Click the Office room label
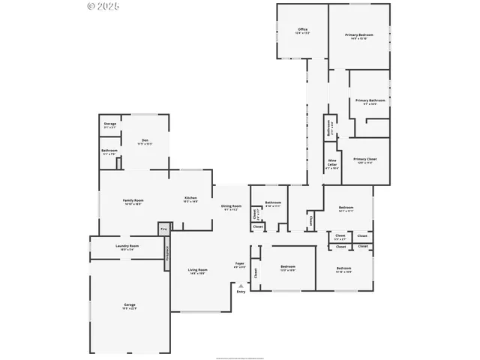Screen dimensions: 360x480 pyautogui.click(x=302, y=31)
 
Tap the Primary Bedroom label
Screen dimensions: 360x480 pyautogui.click(x=359, y=35)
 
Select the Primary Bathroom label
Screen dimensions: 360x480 pyautogui.click(x=370, y=101)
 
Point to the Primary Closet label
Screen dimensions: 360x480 pyautogui.click(x=365, y=160)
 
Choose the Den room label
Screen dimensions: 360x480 pyautogui.click(x=145, y=141)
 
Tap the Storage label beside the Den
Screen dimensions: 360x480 pyautogui.click(x=110, y=124)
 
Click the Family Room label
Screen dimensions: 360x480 pyautogui.click(x=133, y=200)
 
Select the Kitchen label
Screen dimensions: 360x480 pyautogui.click(x=190, y=199)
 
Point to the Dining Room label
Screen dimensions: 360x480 pyautogui.click(x=231, y=207)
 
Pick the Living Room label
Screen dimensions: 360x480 pyautogui.click(x=197, y=271)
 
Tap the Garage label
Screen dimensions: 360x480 pyautogui.click(x=130, y=305)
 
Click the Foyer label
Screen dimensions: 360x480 pyautogui.click(x=240, y=265)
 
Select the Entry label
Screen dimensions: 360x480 pyautogui.click(x=241, y=291)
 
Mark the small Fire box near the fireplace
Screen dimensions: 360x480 pyautogui.click(x=163, y=228)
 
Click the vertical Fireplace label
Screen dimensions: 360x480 pyautogui.click(x=167, y=254)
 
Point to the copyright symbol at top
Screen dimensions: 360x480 pyautogui.click(x=91, y=6)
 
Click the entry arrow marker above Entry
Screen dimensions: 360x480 pyautogui.click(x=240, y=285)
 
